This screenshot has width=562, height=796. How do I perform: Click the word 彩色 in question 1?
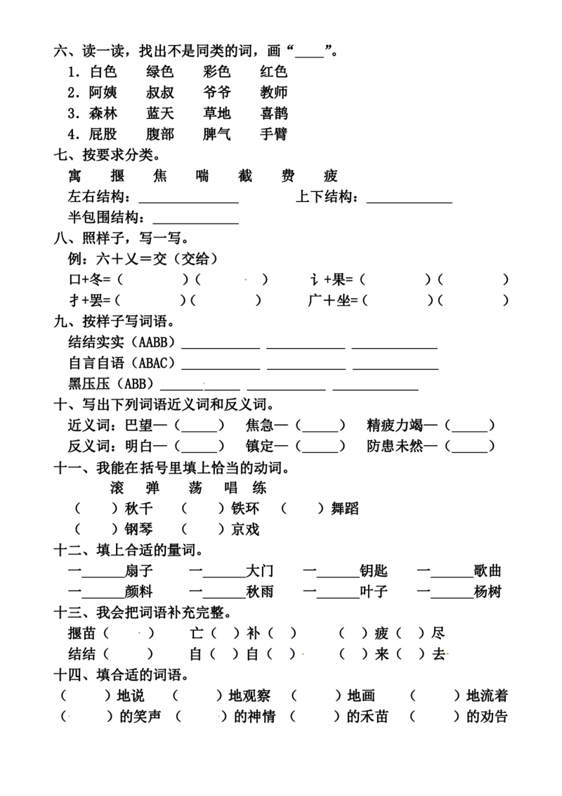[216, 72]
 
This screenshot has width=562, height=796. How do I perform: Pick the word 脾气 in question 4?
[216, 134]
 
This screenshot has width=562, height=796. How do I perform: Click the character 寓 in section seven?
[74, 176]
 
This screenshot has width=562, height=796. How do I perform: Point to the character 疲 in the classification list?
[331, 176]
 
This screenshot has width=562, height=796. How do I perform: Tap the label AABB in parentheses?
[152, 342]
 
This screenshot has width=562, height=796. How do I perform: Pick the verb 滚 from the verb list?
[117, 488]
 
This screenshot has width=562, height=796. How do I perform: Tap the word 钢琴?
[138, 529]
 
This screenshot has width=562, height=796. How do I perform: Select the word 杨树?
[487, 592]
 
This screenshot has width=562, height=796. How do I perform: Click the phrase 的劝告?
[487, 717]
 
